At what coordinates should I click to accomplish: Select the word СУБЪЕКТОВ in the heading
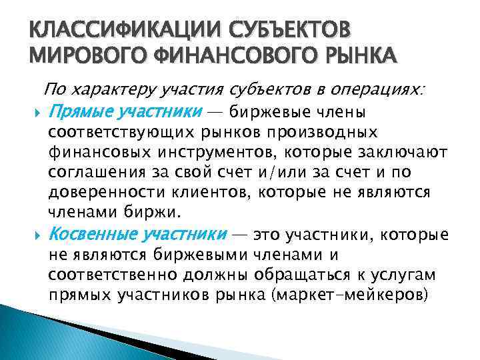point(287,32)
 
